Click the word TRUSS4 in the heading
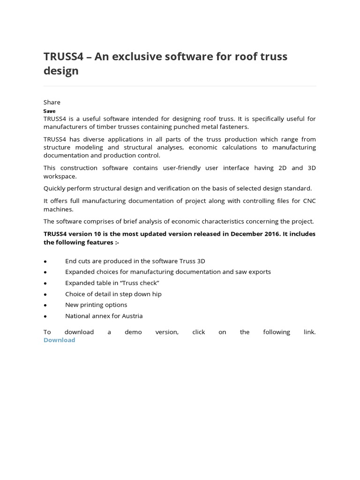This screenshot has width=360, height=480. tap(63, 57)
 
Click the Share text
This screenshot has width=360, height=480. tap(52, 102)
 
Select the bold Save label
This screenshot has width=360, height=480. tap(49, 111)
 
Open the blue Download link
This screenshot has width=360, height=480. tap(59, 340)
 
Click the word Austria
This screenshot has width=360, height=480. tap(132, 316)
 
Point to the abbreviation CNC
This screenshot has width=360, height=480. tap(308, 202)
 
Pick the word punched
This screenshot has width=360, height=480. tap(190, 127)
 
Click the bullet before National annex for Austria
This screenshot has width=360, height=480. tap(45, 316)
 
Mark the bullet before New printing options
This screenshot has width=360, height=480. tap(45, 305)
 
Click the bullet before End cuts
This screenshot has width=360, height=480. tap(45, 262)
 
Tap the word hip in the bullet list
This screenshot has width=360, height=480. tap(157, 294)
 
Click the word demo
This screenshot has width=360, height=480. tap(133, 332)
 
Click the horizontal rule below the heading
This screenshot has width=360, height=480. tap(180, 86)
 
